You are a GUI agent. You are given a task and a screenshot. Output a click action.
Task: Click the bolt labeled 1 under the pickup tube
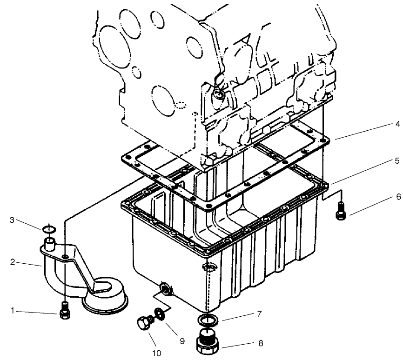point(65,312)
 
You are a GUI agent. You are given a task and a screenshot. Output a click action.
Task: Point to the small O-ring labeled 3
point(48,229)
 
